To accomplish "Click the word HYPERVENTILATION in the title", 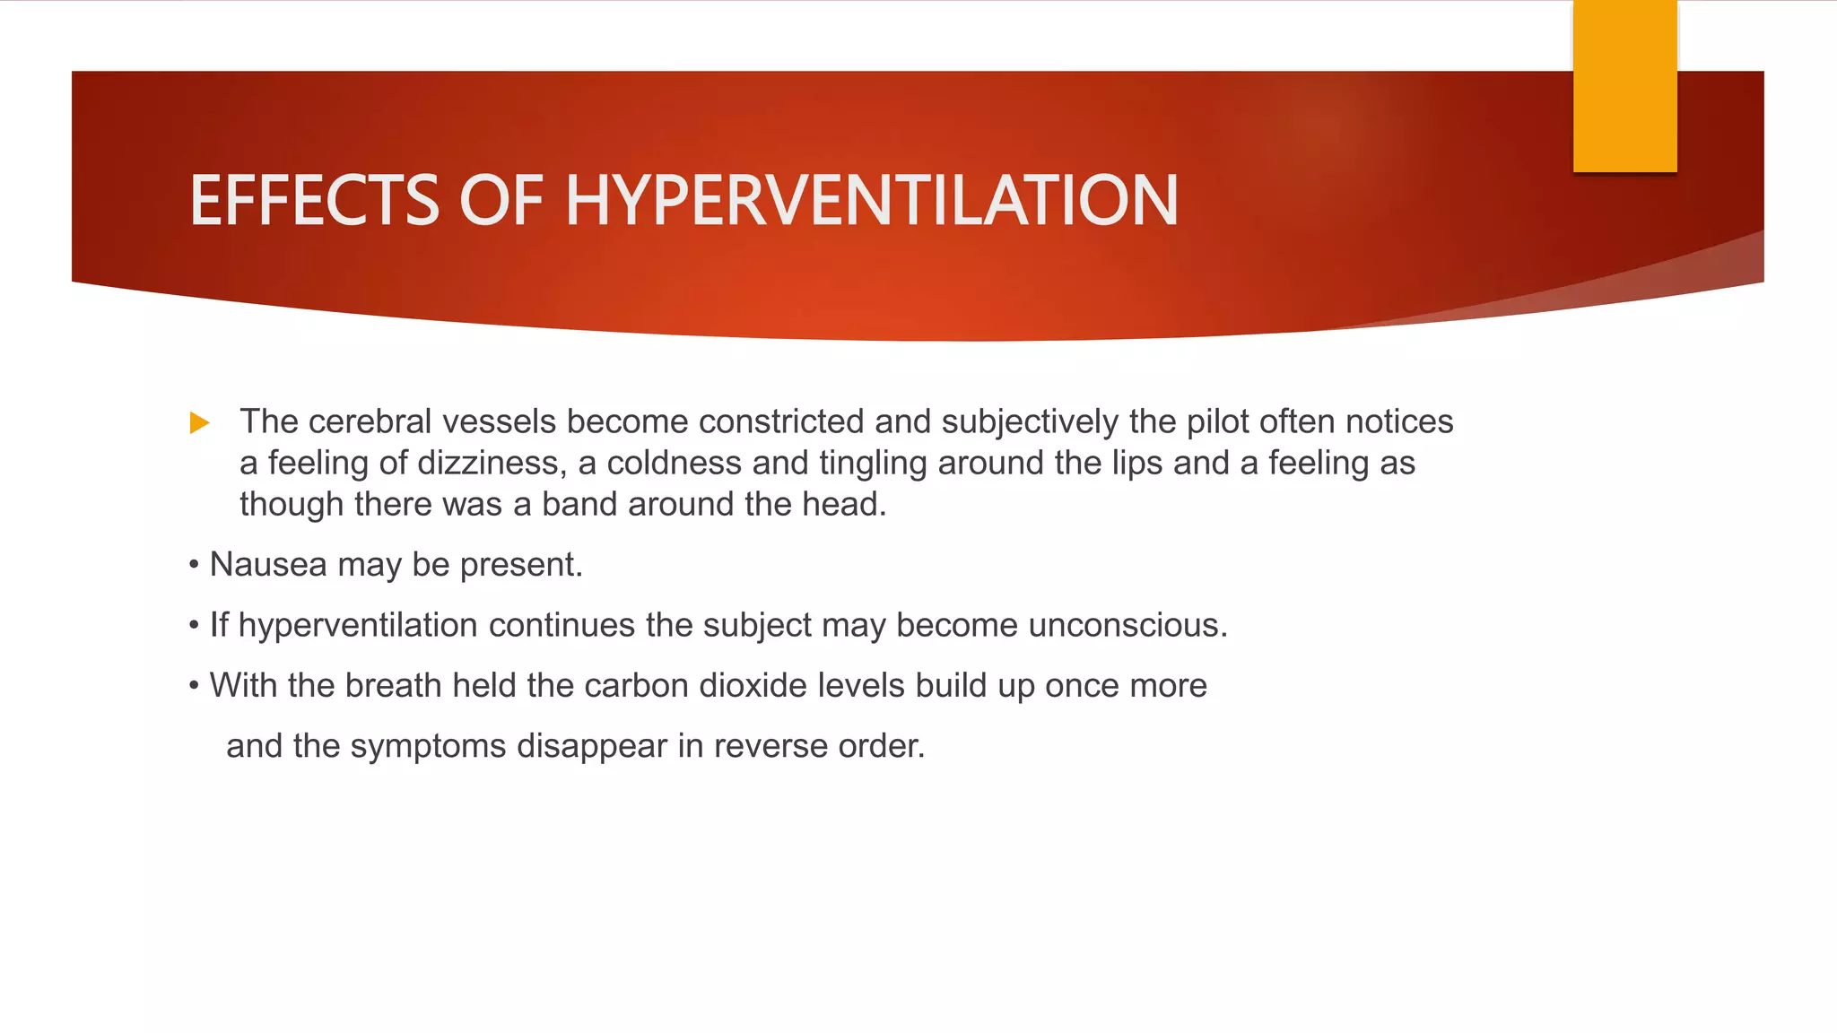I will click(871, 200).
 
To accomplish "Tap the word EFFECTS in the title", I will click(314, 200).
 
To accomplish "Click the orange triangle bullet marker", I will click(199, 422).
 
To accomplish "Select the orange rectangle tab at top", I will click(1624, 85).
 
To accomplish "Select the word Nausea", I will click(268, 565).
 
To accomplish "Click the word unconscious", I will click(1127, 625).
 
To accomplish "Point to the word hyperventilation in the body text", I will click(358, 625).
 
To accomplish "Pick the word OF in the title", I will click(501, 200).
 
